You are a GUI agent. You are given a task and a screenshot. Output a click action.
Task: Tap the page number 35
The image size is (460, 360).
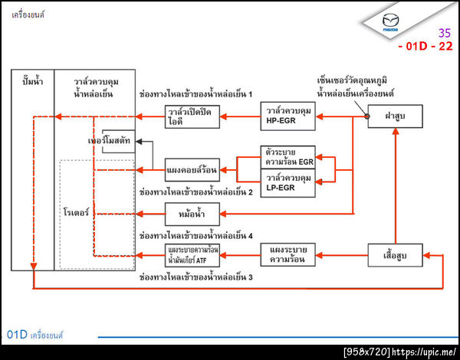[x=444, y=33]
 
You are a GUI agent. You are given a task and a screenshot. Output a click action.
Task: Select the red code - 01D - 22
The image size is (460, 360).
[x=425, y=47]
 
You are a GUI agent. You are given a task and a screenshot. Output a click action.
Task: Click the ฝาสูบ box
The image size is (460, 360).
[x=395, y=116]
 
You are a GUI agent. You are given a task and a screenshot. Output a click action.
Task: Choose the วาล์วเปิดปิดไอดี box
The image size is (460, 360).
[x=192, y=116]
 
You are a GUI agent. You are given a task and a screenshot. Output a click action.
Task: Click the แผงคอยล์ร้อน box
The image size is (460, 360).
[x=192, y=169]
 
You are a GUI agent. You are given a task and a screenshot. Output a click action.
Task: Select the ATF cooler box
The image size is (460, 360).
[x=192, y=255]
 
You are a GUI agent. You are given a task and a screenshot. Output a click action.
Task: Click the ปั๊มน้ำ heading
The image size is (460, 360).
[x=33, y=80]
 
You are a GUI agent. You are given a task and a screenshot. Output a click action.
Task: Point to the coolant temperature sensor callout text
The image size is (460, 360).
[x=355, y=84]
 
